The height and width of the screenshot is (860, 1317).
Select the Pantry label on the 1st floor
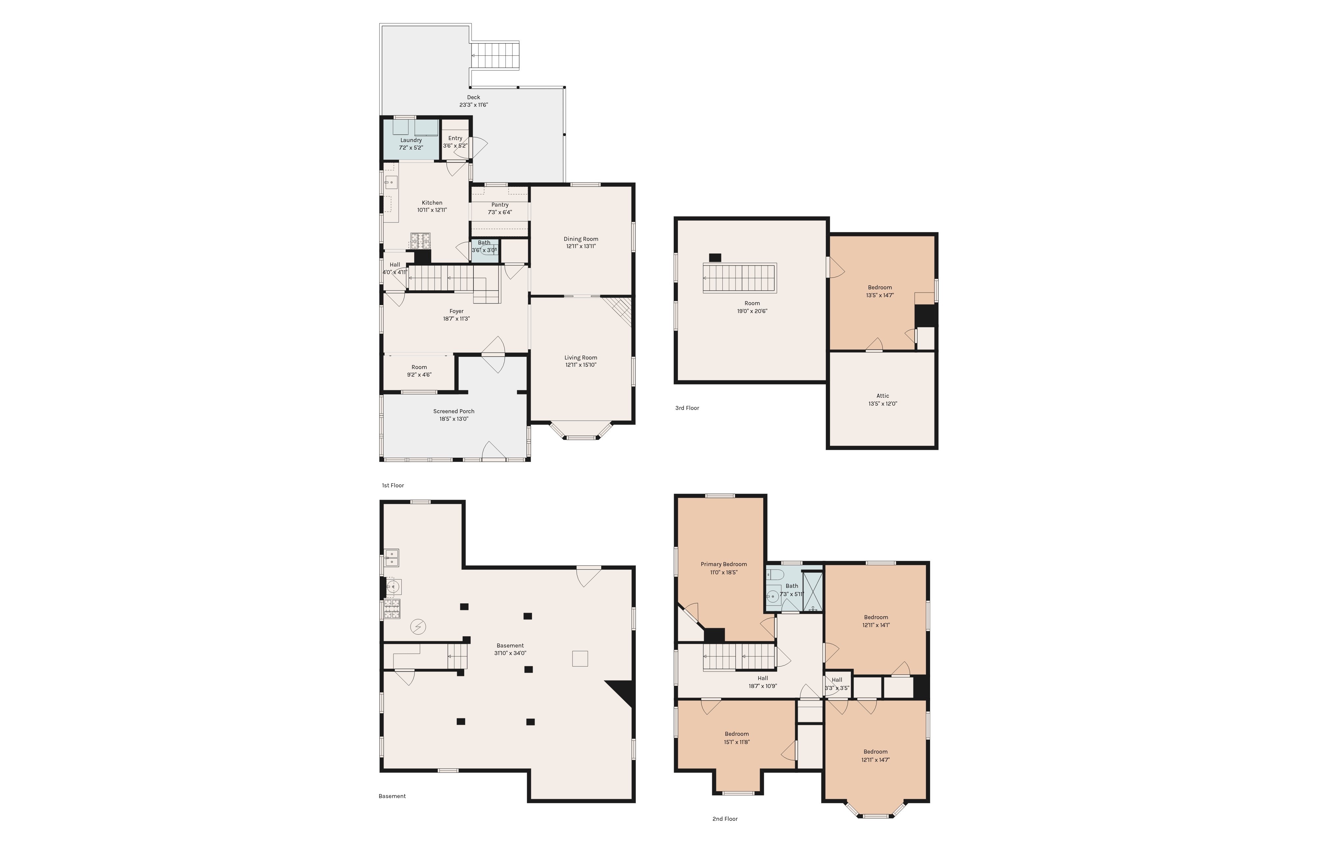500,205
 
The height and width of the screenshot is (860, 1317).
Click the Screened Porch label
454,412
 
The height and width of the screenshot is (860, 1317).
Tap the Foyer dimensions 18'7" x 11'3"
457,319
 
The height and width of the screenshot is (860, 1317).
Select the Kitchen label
432,203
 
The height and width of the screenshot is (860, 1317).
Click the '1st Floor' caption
393,486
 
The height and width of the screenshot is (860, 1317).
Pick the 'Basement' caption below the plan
392,796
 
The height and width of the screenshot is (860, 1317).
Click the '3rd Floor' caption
687,408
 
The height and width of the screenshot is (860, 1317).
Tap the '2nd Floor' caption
725,819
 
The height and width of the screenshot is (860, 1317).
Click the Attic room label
883,396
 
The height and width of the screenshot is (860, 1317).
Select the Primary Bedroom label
724,564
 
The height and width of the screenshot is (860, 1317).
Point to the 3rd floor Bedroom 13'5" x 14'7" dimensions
880,296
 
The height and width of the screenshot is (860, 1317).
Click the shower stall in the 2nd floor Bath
812,591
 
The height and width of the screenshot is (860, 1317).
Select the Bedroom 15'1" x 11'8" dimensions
737,742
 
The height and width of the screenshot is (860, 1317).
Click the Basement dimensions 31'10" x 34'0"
510,653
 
